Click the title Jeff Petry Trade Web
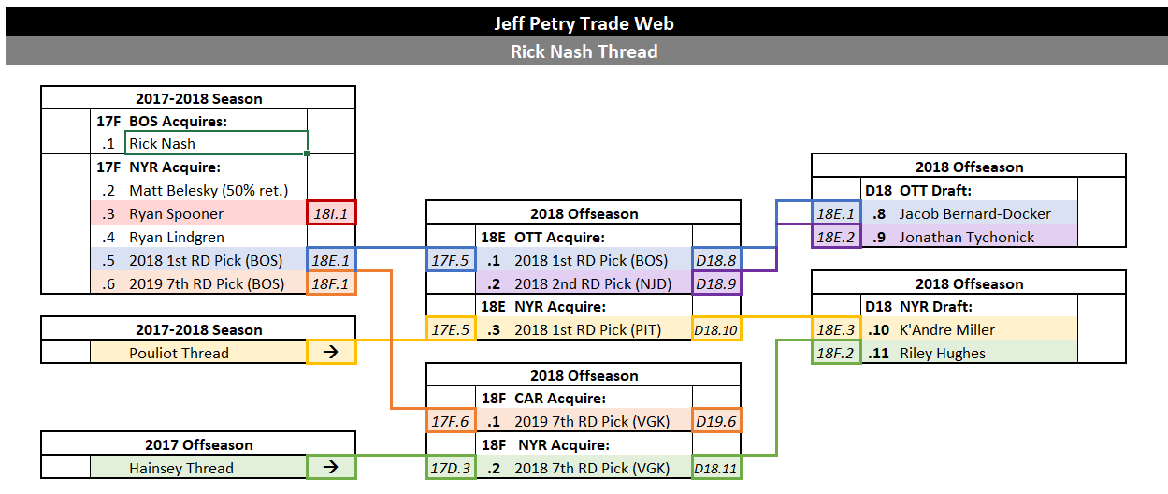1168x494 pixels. tap(584, 23)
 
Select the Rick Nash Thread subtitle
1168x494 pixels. tap(584, 51)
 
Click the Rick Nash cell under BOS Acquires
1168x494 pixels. tap(216, 143)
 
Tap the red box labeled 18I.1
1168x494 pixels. tap(331, 212)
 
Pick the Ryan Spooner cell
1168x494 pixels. tap(198, 213)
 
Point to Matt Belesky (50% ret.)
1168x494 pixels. tap(209, 191)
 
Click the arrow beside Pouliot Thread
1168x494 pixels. tap(331, 352)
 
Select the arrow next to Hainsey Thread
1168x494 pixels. tap(331, 467)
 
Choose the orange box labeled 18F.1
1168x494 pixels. tap(331, 283)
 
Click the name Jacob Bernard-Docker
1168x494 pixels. tap(974, 214)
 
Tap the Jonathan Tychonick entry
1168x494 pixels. tap(966, 238)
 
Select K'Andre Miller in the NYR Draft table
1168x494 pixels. tap(947, 329)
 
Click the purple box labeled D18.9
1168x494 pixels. tap(716, 283)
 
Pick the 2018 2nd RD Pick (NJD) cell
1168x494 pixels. tap(584, 283)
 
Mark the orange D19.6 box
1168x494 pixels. tap(716, 420)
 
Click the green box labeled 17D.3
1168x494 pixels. tap(451, 468)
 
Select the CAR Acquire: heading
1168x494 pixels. tap(560, 398)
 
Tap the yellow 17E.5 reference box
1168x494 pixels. tap(451, 329)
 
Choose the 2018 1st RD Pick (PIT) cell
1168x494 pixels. tap(584, 329)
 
